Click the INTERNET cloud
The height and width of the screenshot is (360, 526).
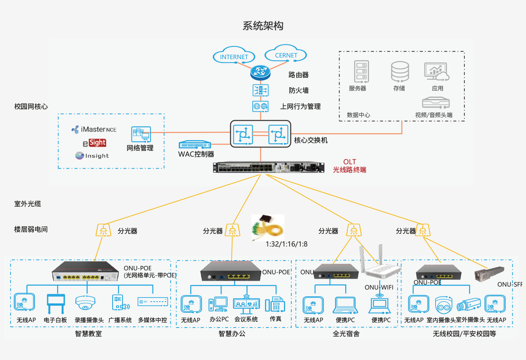point(234,57)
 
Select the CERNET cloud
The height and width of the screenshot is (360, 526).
point(286,55)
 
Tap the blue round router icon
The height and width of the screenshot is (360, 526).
point(260,73)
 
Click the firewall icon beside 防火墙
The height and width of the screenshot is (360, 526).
point(260,90)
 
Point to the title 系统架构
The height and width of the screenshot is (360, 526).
point(263,26)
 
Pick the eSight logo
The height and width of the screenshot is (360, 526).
point(95,143)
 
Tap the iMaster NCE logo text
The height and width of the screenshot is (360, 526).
point(94,129)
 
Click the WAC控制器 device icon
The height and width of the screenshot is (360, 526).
point(195,145)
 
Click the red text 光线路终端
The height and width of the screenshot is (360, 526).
point(349,169)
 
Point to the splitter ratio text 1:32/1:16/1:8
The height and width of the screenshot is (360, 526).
point(286,244)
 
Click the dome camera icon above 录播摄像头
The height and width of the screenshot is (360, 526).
point(85,303)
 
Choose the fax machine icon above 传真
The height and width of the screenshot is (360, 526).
point(275,305)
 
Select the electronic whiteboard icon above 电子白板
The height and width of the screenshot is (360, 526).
point(55,303)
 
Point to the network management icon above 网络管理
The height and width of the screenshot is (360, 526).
point(141,134)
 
